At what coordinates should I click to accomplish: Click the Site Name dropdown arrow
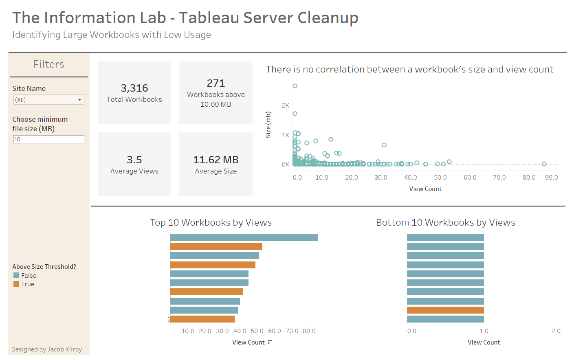(79, 100)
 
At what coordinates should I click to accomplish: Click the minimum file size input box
(49, 139)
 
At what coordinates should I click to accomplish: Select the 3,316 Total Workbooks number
(134, 88)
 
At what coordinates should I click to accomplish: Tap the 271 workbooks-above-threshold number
(216, 83)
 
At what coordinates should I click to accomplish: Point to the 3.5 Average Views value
(134, 160)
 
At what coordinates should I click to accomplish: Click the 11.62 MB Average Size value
(216, 160)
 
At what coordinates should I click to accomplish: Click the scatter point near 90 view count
(544, 164)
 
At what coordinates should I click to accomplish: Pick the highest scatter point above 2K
(295, 86)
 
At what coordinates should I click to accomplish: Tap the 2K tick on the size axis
(286, 105)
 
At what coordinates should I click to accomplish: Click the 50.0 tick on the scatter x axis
(440, 178)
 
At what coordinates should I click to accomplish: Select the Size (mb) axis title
(268, 125)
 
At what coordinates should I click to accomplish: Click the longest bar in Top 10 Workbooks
(244, 238)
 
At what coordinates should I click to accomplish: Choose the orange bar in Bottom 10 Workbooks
(445, 310)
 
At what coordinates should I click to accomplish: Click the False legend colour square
(16, 276)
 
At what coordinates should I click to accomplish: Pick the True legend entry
(27, 284)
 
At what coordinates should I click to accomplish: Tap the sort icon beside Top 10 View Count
(269, 342)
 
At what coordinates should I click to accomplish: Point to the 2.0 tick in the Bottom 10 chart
(556, 331)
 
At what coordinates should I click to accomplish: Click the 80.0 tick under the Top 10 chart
(309, 331)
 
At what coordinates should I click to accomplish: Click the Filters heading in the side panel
(49, 64)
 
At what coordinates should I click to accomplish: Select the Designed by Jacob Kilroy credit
(46, 349)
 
